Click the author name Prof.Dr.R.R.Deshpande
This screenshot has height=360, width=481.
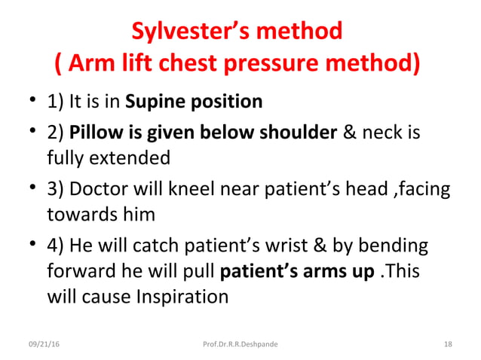(240, 344)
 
